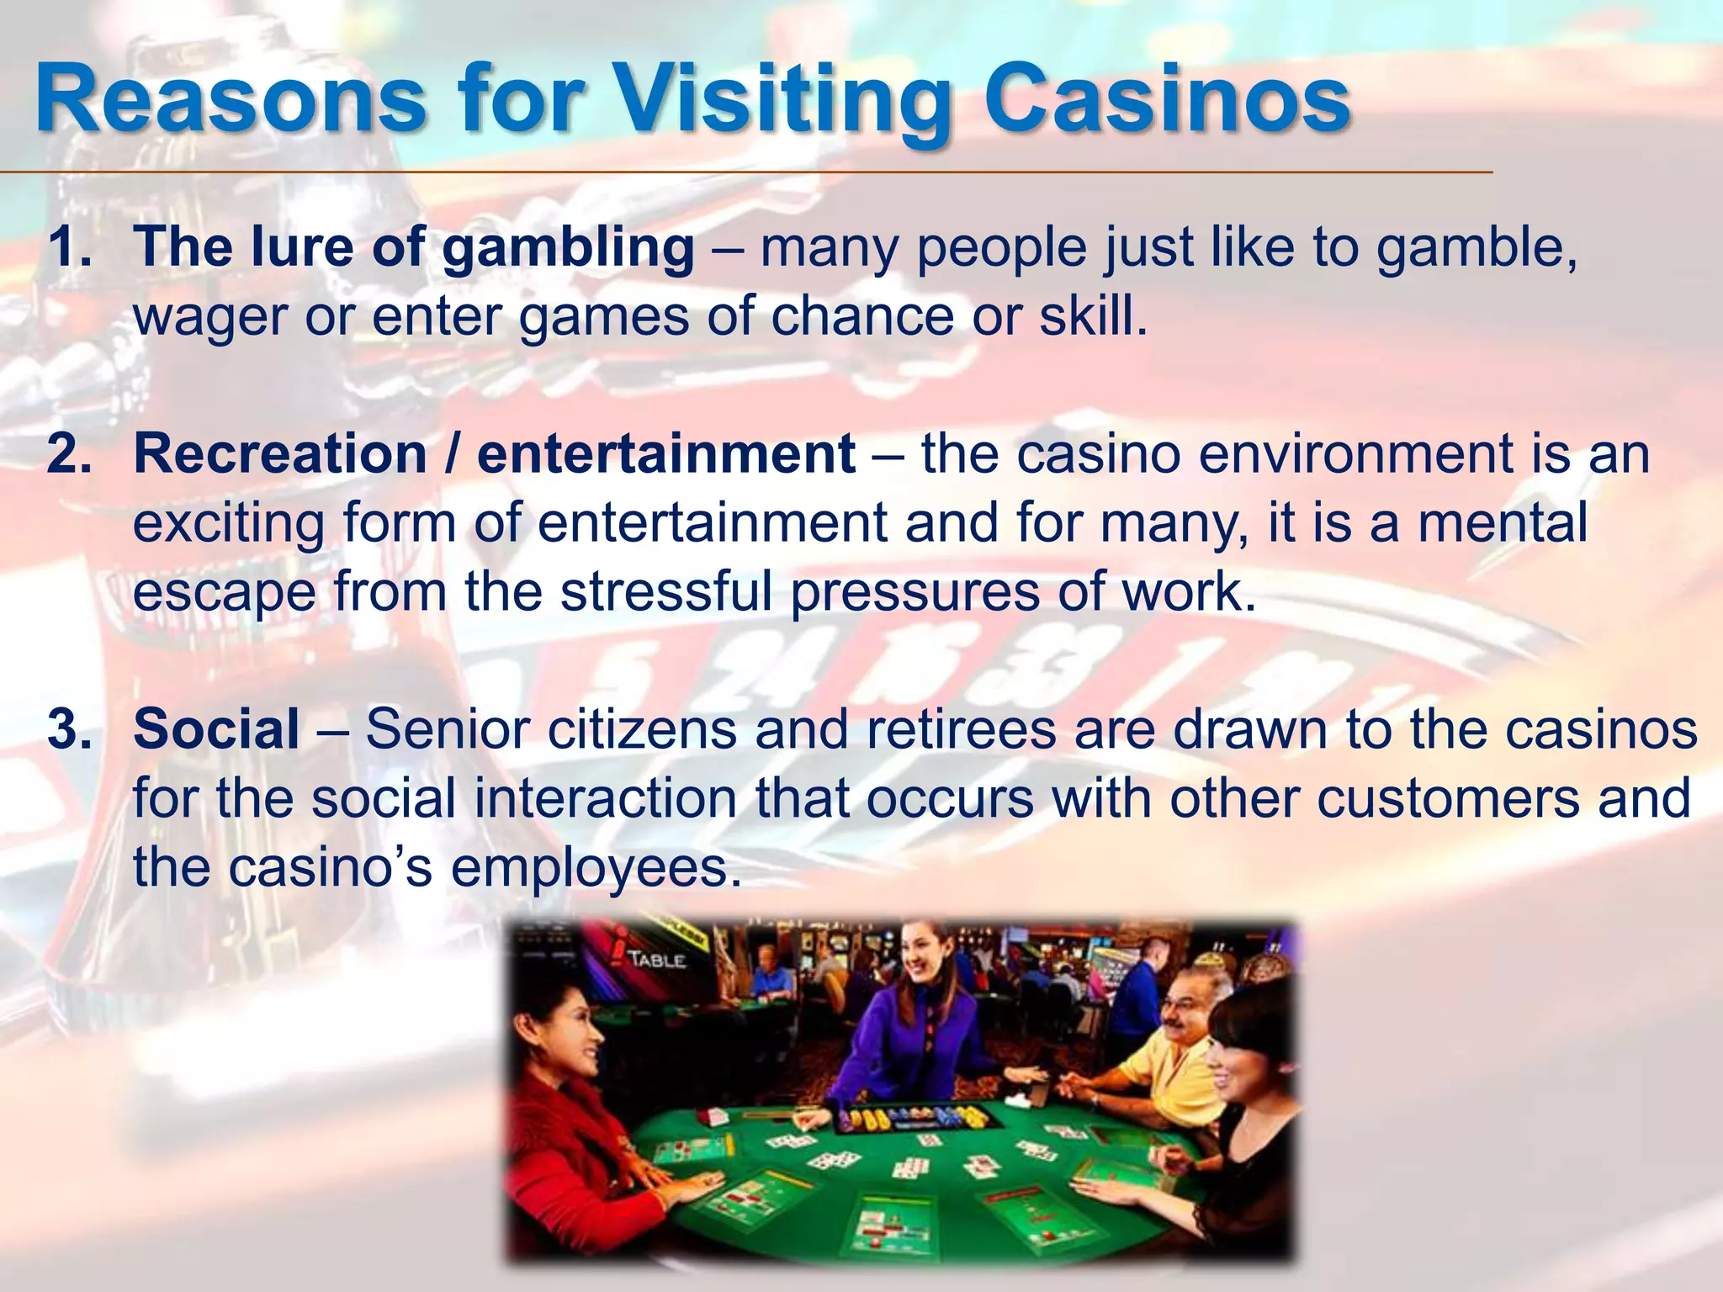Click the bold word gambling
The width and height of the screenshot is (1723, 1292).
tap(568, 249)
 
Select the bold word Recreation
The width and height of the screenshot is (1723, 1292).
tap(280, 454)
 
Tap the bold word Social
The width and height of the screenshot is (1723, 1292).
tap(216, 728)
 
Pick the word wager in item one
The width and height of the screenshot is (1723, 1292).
tap(209, 318)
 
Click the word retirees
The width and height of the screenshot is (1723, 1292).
tap(960, 728)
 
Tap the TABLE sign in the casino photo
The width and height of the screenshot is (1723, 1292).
tap(656, 959)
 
